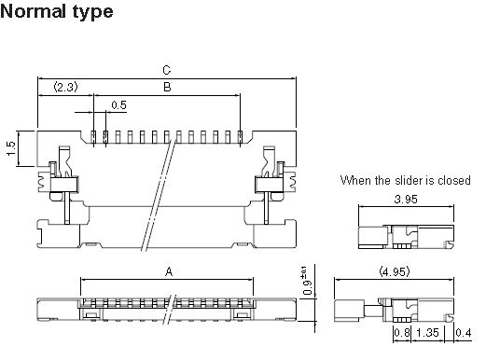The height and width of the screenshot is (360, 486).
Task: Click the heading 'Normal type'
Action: click(x=57, y=12)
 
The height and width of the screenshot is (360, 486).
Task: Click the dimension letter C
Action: click(x=167, y=70)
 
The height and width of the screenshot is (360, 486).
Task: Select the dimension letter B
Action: click(x=167, y=87)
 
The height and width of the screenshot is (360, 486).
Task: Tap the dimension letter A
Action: click(x=169, y=271)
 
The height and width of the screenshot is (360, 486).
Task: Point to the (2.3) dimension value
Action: click(x=65, y=87)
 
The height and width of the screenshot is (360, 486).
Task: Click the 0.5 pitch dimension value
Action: click(x=118, y=105)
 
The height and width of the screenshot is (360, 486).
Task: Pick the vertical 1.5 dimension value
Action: click(x=11, y=148)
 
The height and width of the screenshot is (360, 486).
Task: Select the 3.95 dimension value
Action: click(x=406, y=199)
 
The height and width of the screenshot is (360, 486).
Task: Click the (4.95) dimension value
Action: click(x=395, y=272)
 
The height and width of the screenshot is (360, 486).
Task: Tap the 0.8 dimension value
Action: click(x=402, y=333)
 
